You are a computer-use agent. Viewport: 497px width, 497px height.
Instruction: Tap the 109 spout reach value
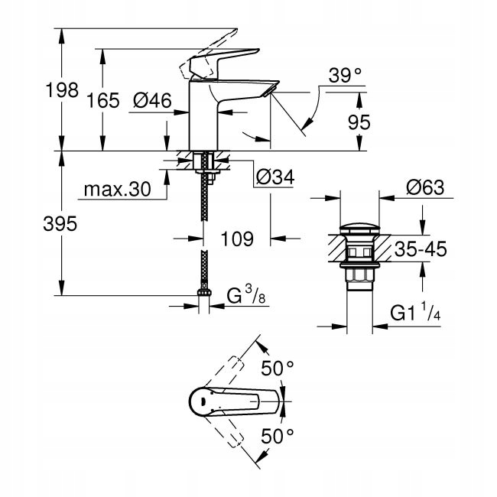237,239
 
